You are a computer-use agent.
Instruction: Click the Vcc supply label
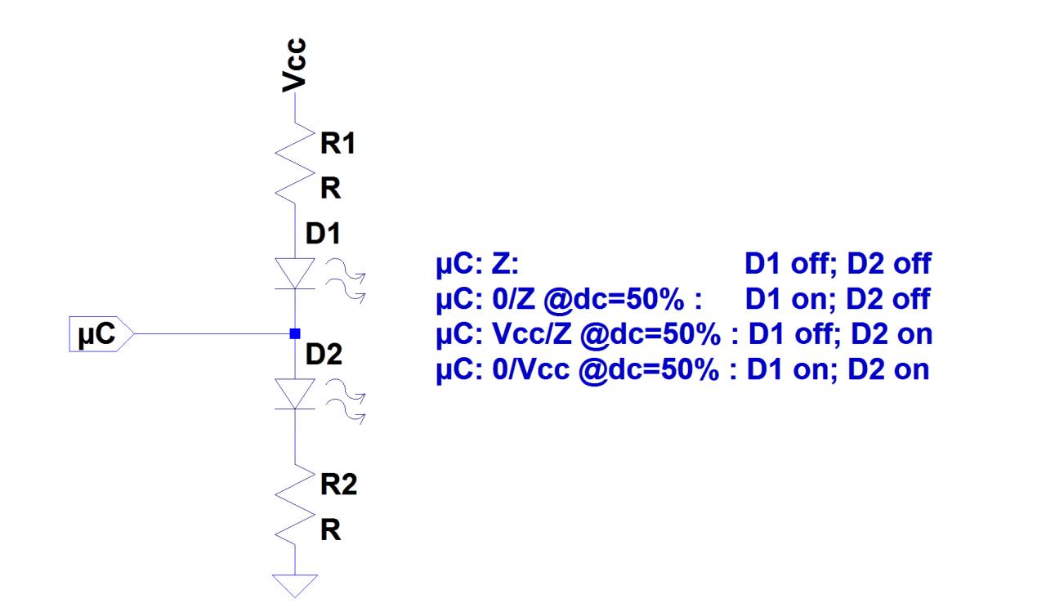pyautogui.click(x=294, y=64)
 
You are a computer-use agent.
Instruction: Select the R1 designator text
pyautogui.click(x=338, y=145)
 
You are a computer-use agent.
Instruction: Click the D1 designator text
pyautogui.click(x=323, y=235)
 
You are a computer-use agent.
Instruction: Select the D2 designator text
pyautogui.click(x=324, y=355)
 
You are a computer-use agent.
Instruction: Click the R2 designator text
pyautogui.click(x=338, y=486)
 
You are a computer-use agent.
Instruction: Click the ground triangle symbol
pyautogui.click(x=294, y=585)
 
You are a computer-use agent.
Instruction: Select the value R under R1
pyautogui.click(x=330, y=190)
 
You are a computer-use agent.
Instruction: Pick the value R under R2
pyautogui.click(x=330, y=531)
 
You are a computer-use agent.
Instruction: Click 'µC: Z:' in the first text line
pyautogui.click(x=477, y=265)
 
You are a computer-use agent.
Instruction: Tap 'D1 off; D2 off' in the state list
pyautogui.click(x=837, y=265)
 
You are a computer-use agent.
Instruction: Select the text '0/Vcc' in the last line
pyautogui.click(x=531, y=369)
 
